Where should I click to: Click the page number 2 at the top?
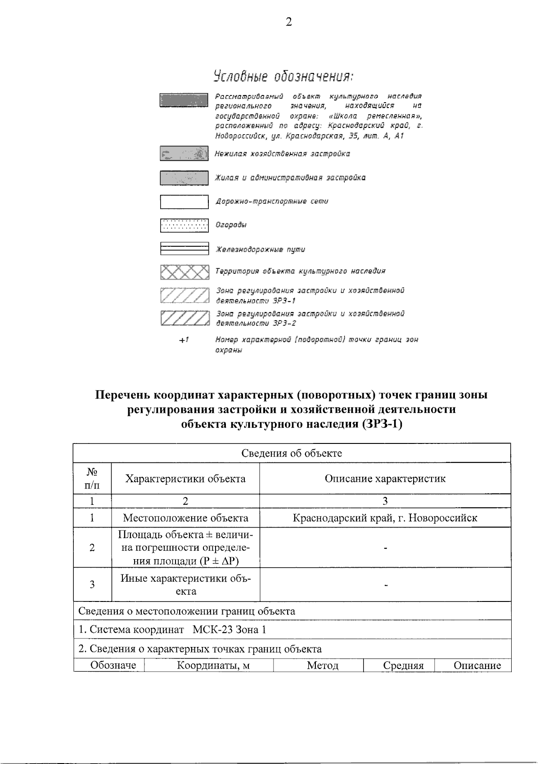[x=288, y=22]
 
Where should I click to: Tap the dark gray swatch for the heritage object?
[x=184, y=100]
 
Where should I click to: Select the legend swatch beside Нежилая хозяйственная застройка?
[x=184, y=154]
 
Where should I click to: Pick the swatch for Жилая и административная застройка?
[x=184, y=178]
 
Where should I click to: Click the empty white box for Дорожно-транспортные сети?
[x=184, y=202]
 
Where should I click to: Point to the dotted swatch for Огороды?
[x=184, y=225]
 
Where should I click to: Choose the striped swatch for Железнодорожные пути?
[x=184, y=249]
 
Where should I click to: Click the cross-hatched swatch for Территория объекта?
[x=184, y=272]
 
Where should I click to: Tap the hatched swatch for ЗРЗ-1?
[x=184, y=295]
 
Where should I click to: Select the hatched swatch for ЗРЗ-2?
[x=184, y=318]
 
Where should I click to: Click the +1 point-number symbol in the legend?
[x=183, y=340]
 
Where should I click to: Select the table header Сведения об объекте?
[x=292, y=453]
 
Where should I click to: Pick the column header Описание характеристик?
[x=385, y=479]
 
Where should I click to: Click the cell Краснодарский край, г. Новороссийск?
[x=385, y=518]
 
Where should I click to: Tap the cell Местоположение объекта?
[x=185, y=518]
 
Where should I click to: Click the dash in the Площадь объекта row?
[x=386, y=548]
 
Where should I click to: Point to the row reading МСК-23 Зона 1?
[x=229, y=629]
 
